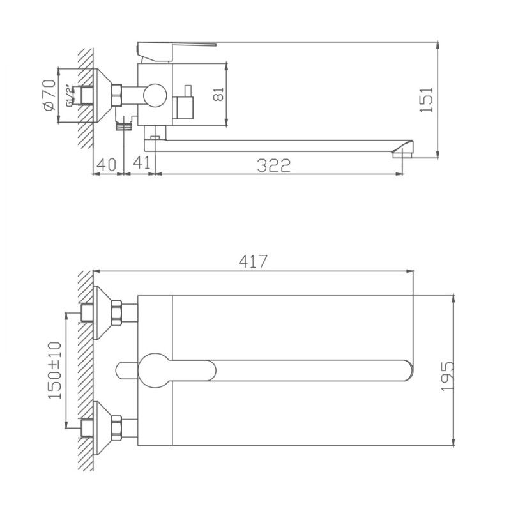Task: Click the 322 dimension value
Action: tap(274, 165)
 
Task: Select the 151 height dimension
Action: tap(429, 99)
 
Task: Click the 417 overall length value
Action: tap(253, 261)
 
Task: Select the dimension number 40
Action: tap(106, 164)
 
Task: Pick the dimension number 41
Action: tap(142, 164)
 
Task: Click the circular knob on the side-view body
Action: tap(154, 96)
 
